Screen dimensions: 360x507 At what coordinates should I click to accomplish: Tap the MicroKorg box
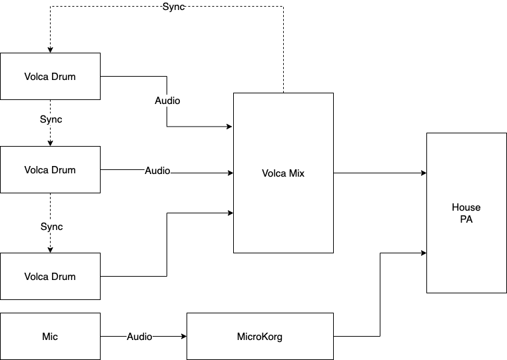pos(260,337)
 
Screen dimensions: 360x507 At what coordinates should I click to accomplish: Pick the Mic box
pos(50,337)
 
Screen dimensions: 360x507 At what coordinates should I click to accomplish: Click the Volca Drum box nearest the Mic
pos(50,276)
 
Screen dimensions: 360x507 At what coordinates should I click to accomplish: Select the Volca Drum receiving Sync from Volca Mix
pos(50,76)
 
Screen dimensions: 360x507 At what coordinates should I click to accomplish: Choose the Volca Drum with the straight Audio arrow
pos(50,169)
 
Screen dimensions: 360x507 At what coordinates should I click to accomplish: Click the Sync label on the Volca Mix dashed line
pos(173,7)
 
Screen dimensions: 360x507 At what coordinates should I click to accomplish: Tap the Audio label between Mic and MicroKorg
pos(139,337)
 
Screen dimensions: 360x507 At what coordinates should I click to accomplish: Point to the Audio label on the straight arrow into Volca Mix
pos(157,171)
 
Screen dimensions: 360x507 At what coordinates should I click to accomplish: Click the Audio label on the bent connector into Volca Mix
pos(167,101)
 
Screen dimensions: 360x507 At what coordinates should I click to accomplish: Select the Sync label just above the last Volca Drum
pos(51,227)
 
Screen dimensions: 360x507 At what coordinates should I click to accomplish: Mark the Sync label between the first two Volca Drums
pos(51,119)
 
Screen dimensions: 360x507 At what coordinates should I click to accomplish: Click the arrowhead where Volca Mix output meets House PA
pos(424,173)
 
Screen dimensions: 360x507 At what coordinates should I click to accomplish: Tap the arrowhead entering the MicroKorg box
pos(183,337)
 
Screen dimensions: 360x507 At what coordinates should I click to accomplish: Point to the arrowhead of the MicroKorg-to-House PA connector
pos(424,253)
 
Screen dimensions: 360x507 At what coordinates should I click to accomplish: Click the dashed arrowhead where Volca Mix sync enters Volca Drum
pos(50,50)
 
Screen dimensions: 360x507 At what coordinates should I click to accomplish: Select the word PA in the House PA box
pos(466,219)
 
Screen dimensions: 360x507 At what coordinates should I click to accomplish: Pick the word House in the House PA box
pos(466,207)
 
